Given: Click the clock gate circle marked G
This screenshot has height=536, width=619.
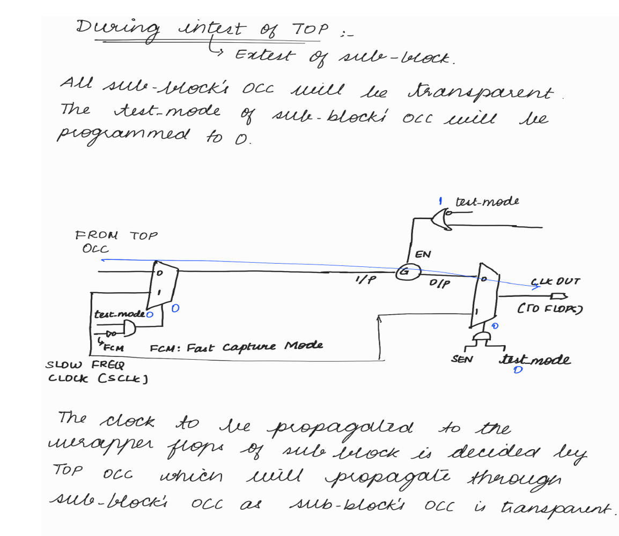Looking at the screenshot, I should click(x=404, y=272).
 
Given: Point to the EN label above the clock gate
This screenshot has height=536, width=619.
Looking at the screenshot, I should click(x=423, y=255).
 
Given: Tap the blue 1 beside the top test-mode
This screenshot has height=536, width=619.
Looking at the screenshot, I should click(x=439, y=201).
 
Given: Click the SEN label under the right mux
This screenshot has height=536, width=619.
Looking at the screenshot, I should click(x=461, y=358).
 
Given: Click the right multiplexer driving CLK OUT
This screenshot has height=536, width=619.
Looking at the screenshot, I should click(x=484, y=296).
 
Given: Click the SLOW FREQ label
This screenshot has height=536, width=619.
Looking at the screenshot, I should click(x=84, y=366).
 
